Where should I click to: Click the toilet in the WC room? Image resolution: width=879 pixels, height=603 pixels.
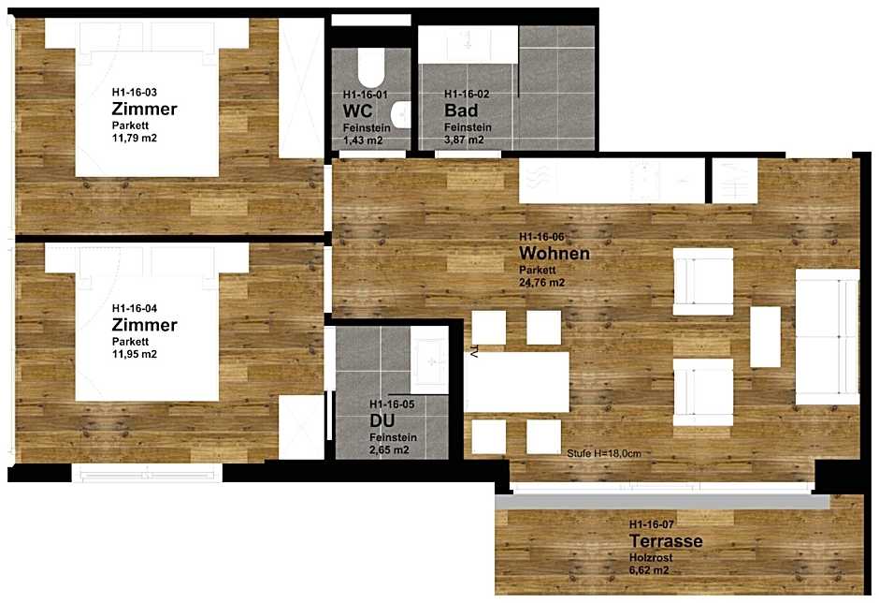371,67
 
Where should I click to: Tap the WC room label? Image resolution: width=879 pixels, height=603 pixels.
357,110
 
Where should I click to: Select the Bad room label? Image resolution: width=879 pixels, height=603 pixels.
461,110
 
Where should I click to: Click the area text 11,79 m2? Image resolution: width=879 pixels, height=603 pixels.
135,139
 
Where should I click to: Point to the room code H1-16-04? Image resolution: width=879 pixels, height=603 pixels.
135,308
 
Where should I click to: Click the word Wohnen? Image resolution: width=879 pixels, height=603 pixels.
555,253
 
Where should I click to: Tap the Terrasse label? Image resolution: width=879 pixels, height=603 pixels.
666,541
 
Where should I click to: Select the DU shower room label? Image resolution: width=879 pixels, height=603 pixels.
382,420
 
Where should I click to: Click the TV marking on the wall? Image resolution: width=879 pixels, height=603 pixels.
474,353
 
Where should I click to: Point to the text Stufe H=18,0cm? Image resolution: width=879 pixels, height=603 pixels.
604,453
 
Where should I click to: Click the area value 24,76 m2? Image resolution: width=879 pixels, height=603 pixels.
542,283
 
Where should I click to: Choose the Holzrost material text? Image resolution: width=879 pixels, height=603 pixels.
651,557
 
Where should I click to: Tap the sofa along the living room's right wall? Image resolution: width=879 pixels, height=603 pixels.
827,337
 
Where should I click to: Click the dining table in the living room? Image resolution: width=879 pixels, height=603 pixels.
516,382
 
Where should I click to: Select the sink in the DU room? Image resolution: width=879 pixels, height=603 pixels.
429,361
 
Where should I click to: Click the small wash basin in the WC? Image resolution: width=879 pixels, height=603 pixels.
401,115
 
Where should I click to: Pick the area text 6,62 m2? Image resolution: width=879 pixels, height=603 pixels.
649,571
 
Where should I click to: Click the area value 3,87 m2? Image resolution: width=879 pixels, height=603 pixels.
464,140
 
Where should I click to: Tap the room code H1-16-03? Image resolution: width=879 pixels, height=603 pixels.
135,92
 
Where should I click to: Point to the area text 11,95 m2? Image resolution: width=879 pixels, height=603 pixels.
135,354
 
